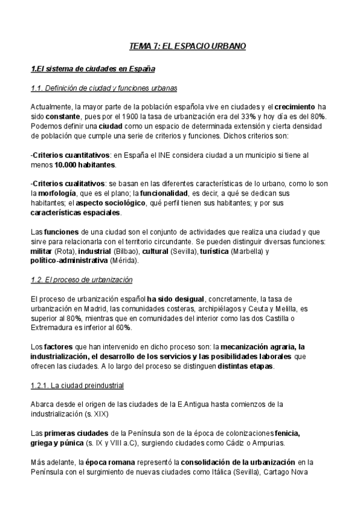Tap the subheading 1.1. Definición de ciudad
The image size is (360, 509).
coord(103,89)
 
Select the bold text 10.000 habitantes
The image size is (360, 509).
coord(84,164)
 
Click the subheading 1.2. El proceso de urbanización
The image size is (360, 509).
coord(81,280)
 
